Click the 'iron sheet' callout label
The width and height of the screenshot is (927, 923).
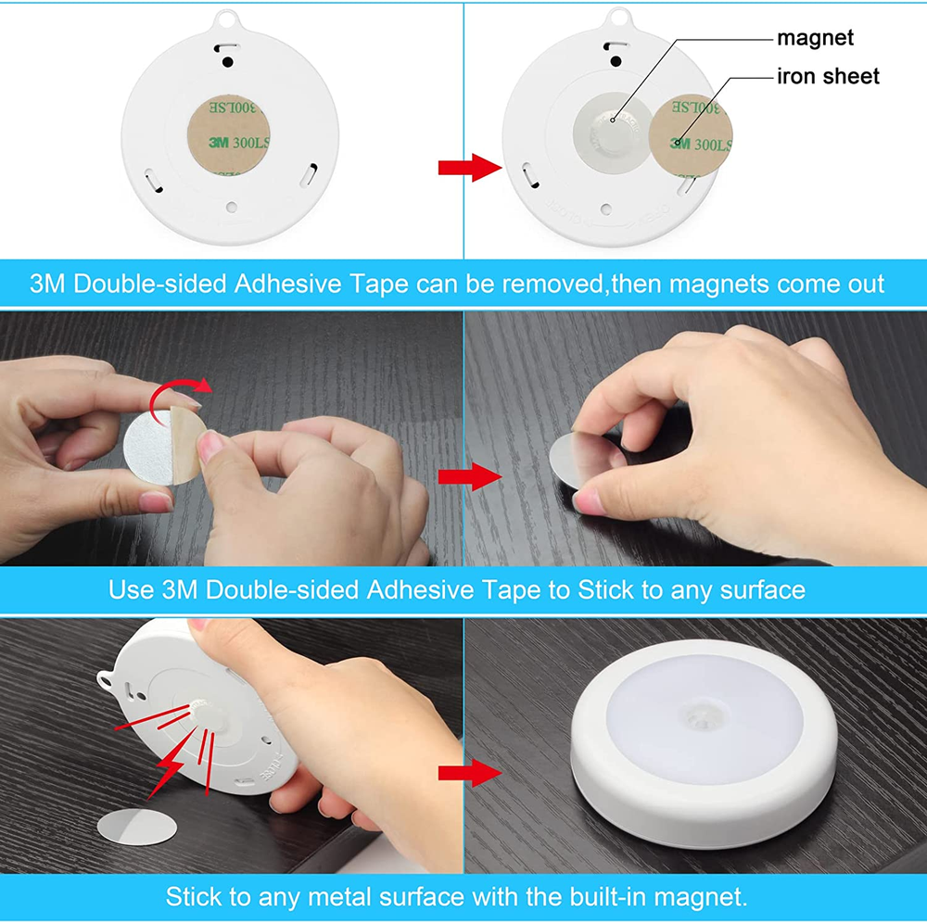(827, 76)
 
